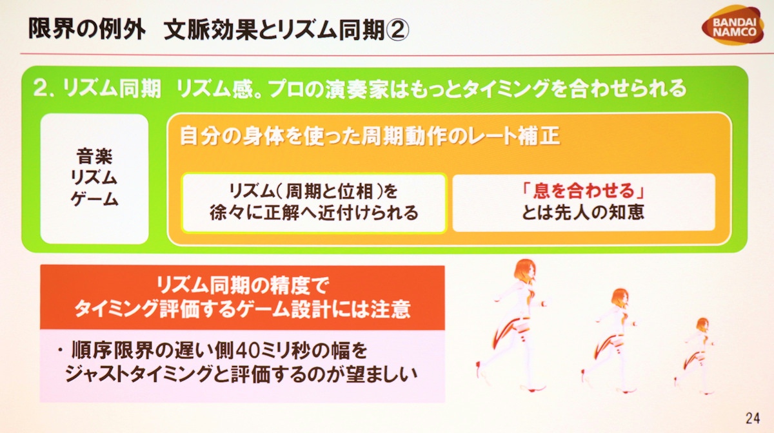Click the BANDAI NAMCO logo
click(733, 25)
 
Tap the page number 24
click(753, 418)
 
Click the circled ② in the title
click(397, 30)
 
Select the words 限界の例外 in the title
click(86, 29)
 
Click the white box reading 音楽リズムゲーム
click(94, 178)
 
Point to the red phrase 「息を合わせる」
click(583, 191)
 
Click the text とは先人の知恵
click(583, 213)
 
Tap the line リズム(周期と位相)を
click(313, 191)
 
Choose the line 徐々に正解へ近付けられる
click(313, 213)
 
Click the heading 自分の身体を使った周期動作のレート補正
click(370, 136)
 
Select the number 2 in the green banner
click(41, 88)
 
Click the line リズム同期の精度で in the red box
click(243, 285)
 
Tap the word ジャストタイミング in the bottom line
click(139, 374)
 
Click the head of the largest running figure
click(525, 270)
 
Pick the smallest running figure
click(695, 356)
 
